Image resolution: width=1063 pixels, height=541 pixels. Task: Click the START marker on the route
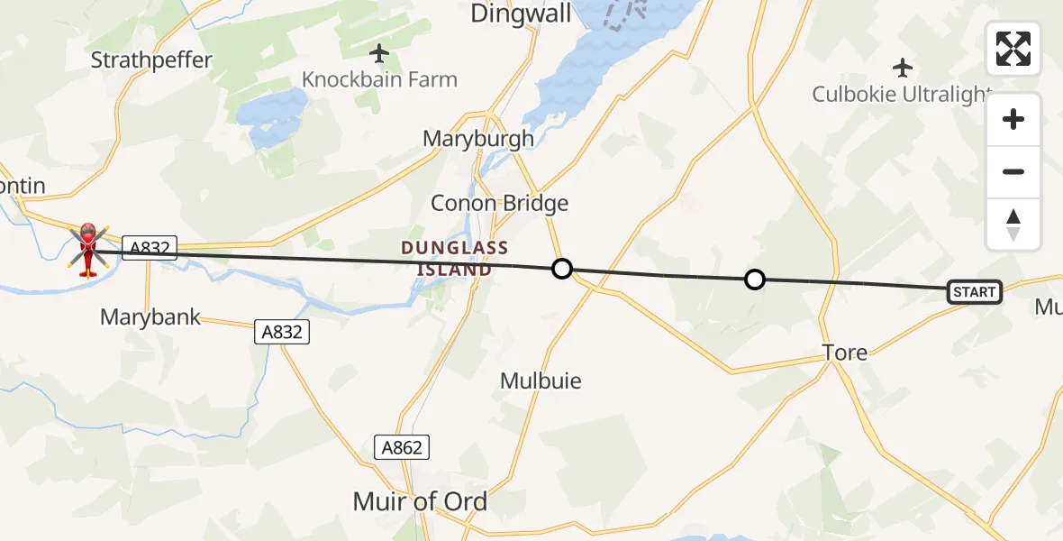pyautogui.click(x=974, y=292)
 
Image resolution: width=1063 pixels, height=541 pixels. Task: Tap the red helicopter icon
pyautogui.click(x=88, y=250)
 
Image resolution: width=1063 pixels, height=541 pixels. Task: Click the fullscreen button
pyautogui.click(x=1013, y=49)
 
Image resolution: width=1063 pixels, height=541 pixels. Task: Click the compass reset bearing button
pyautogui.click(x=1013, y=225)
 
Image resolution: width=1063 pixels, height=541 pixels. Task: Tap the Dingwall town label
pyautogui.click(x=509, y=13)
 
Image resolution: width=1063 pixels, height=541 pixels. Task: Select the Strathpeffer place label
pyautogui.click(x=151, y=60)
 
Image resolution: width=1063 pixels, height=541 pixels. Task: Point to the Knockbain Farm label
pyautogui.click(x=379, y=79)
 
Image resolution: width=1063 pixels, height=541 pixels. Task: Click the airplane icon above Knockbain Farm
pyautogui.click(x=379, y=52)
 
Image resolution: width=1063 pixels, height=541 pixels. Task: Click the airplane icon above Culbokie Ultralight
pyautogui.click(x=902, y=68)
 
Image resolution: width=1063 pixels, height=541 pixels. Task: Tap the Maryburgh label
pyautogui.click(x=478, y=139)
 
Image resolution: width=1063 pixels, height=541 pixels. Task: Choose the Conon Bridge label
pyautogui.click(x=499, y=203)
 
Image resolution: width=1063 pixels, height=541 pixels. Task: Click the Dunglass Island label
pyautogui.click(x=455, y=258)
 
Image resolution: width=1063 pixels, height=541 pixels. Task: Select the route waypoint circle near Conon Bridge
pyautogui.click(x=562, y=268)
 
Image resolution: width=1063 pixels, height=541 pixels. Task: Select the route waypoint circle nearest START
pyautogui.click(x=755, y=280)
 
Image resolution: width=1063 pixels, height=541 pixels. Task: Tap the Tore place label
pyautogui.click(x=844, y=353)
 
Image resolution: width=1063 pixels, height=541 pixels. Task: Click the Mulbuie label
pyautogui.click(x=541, y=381)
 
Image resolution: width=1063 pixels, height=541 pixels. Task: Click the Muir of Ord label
pyautogui.click(x=420, y=501)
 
